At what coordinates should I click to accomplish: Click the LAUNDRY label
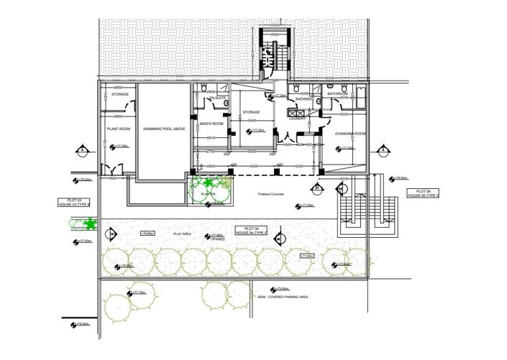(x=298, y=119)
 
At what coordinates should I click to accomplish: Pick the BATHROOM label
(x=337, y=94)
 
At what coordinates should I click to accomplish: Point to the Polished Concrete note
(x=272, y=194)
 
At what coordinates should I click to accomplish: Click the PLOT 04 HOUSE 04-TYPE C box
(x=250, y=230)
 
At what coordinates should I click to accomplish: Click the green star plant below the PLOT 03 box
(x=71, y=223)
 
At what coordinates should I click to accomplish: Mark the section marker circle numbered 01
(x=317, y=188)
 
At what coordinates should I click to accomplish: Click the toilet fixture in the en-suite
(x=226, y=103)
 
